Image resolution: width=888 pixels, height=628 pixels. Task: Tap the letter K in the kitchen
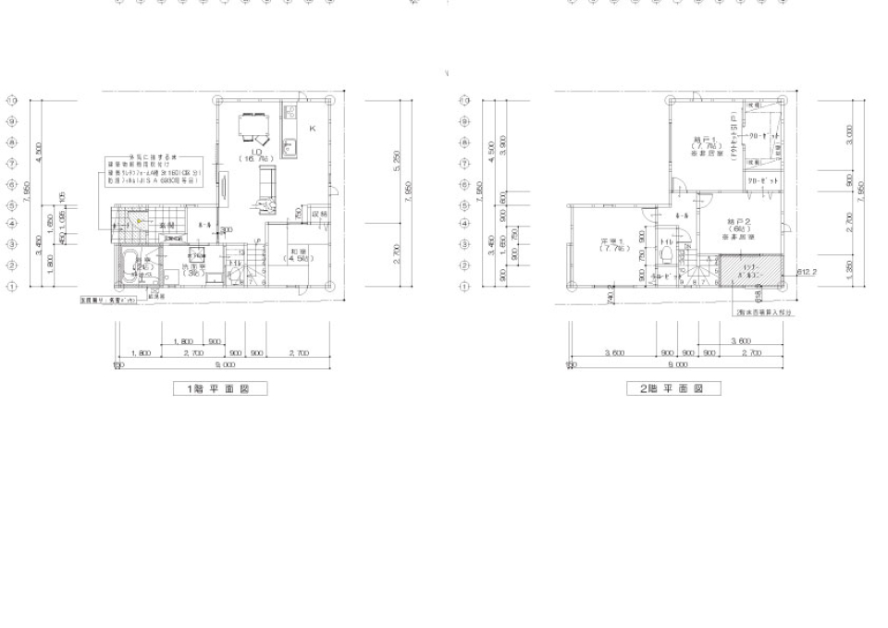[312, 129]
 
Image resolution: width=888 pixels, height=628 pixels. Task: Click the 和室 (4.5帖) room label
[299, 254]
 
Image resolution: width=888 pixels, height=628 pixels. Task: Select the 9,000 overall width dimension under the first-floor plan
[222, 365]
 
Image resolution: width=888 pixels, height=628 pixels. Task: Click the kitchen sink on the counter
[289, 148]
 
